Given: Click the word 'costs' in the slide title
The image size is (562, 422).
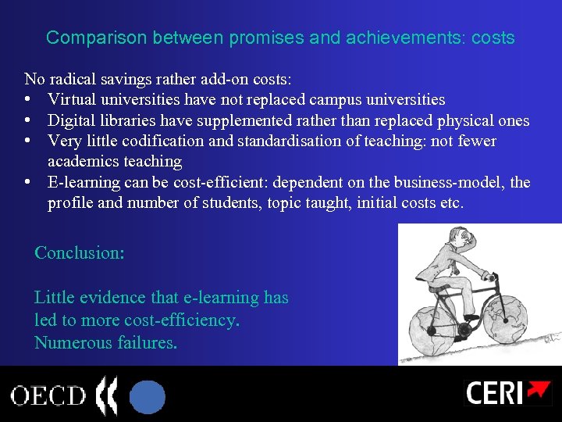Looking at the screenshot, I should click(493, 38).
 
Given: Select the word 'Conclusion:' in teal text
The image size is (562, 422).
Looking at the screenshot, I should click(80, 253).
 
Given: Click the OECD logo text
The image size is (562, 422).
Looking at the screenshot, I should click(48, 395).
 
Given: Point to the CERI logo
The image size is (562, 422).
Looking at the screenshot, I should click(507, 392).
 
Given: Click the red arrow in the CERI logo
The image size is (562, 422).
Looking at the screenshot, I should click(537, 390).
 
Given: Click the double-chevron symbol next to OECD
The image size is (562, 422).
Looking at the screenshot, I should click(105, 395).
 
